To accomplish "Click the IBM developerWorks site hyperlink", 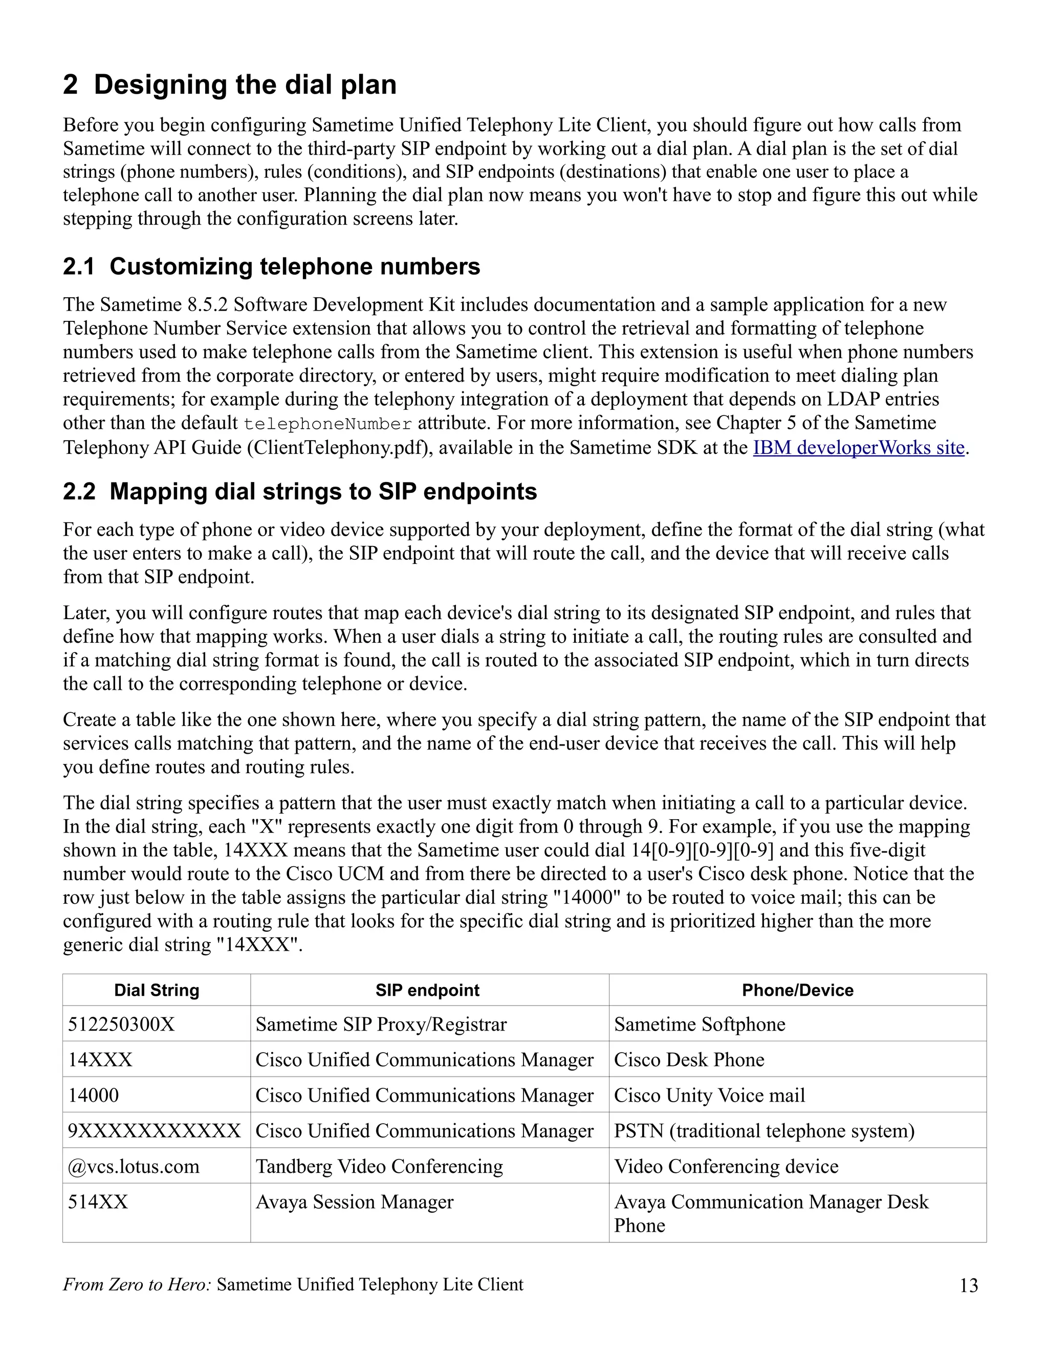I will coord(858,448).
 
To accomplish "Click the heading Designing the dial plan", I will coord(230,84).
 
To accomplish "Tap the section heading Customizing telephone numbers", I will coord(271,267).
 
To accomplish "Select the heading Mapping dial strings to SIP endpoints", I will coord(300,491).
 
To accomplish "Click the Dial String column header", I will coord(157,990).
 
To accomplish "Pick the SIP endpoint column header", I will coord(427,990).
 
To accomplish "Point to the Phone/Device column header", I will coord(797,990).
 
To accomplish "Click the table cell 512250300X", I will coord(122,1024).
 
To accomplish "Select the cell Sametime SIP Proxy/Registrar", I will coord(381,1024).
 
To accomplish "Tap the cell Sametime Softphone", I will coord(700,1024).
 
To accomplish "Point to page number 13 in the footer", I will coord(969,1285).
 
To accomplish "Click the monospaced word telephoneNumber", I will coord(328,424).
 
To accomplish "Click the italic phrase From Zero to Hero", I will coord(137,1284).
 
